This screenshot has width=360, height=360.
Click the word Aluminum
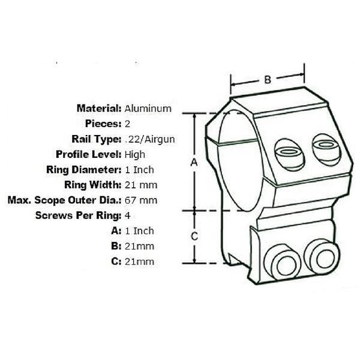tap(148, 109)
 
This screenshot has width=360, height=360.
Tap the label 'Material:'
tap(99, 108)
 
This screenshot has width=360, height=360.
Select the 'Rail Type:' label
tap(97, 139)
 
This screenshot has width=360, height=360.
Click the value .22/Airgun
tap(150, 139)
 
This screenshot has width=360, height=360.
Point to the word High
tap(135, 155)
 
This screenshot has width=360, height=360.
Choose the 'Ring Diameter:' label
tap(84, 170)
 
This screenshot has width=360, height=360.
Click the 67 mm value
tap(141, 200)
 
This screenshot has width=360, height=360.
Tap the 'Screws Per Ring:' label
tap(78, 215)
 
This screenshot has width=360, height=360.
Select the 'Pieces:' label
tap(103, 124)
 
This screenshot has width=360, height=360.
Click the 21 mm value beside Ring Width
tap(141, 185)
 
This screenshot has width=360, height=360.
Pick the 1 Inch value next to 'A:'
tap(139, 231)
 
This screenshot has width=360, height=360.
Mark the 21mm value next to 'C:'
tap(139, 262)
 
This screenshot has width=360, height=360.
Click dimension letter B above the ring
tap(268, 80)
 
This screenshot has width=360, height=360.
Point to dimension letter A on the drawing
tap(194, 162)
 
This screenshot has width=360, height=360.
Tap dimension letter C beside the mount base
tap(194, 236)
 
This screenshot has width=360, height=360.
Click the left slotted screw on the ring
tap(290, 155)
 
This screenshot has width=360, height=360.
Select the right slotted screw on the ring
tap(326, 149)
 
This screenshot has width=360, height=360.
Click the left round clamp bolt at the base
tap(283, 262)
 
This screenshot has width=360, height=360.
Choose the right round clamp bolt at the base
tap(322, 257)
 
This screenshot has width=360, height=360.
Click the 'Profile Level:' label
tap(89, 154)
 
